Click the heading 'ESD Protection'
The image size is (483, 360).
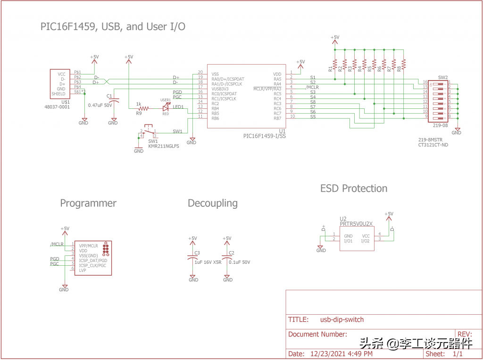click(354, 188)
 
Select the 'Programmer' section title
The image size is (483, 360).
click(88, 204)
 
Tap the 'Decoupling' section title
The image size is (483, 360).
click(213, 204)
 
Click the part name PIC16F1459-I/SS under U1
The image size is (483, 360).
click(265, 136)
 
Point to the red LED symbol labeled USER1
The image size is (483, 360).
click(166, 108)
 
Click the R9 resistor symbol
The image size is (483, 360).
click(143, 108)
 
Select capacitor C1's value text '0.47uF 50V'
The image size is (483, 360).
click(100, 105)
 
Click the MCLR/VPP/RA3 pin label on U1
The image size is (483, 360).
click(267, 89)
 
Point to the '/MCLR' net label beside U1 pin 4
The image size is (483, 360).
click(312, 87)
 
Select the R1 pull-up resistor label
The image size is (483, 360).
click(330, 69)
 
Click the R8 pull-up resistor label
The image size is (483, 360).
click(399, 69)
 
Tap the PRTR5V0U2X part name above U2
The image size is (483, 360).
click(356, 224)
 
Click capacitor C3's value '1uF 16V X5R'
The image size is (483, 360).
click(208, 262)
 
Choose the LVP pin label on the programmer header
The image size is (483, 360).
click(83, 270)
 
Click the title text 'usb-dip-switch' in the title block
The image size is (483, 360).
click(342, 319)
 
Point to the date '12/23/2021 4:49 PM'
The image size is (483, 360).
click(342, 353)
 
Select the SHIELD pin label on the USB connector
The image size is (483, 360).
click(58, 94)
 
